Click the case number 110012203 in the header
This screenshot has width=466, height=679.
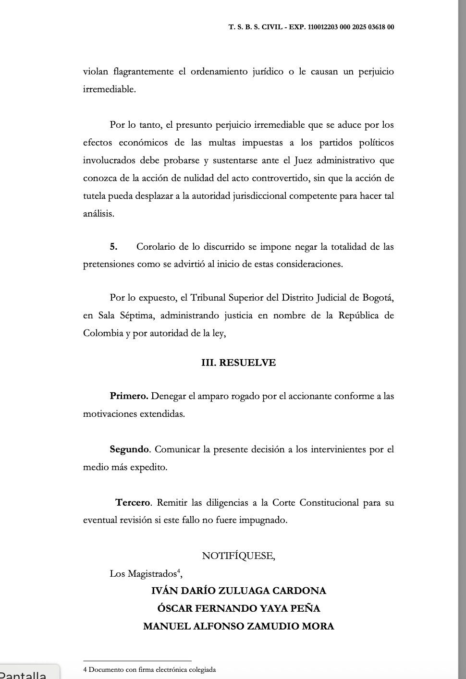[x=319, y=27]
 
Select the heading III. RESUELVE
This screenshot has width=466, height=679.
[x=238, y=363]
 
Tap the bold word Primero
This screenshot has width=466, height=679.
[x=129, y=396]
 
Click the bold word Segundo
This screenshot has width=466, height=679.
[x=129, y=449]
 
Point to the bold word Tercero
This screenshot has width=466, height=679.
[x=133, y=503]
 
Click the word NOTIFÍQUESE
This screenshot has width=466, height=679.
[x=238, y=556]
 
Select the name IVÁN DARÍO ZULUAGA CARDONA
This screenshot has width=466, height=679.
[x=238, y=591]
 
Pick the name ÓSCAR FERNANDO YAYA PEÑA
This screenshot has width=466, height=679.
[x=238, y=608]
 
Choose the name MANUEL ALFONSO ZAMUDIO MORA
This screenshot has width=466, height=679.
[x=238, y=626]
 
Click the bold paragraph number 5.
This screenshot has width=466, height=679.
[x=113, y=247]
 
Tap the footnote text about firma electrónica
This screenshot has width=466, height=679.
[x=149, y=669]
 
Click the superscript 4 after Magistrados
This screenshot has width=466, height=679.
[x=179, y=570]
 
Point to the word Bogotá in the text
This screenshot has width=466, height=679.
[x=378, y=298]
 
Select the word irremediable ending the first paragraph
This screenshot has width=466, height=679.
[x=109, y=89]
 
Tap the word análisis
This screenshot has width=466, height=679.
[x=98, y=214]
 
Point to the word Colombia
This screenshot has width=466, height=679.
[x=103, y=333]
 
